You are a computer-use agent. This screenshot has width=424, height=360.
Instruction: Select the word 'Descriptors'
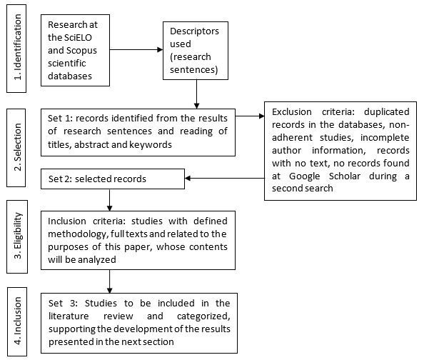point(193,32)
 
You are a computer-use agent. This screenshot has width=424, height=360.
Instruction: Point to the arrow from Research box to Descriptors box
point(136,50)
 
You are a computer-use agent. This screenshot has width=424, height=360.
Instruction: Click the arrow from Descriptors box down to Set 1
point(196,94)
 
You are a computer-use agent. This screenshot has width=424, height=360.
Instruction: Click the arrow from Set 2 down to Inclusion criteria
point(109,196)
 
